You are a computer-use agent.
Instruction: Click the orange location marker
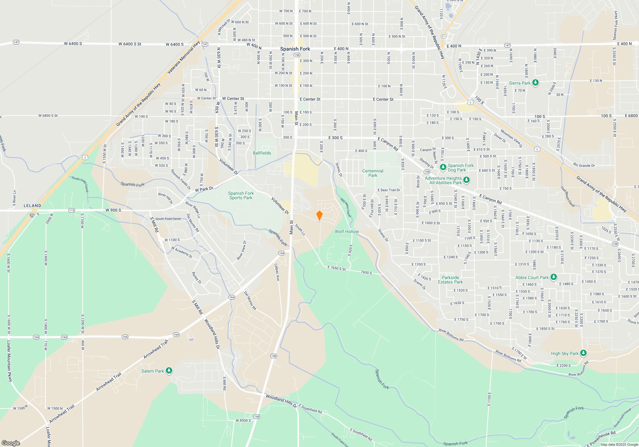coord(319,216)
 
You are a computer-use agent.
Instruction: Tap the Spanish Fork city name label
coord(295,49)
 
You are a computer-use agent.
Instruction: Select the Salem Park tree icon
coord(169,371)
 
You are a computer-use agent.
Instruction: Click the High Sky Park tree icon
coord(583,353)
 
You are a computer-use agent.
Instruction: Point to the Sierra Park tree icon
coord(535,83)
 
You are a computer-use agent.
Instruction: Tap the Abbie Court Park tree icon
coord(554,277)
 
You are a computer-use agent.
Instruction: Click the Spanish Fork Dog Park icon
coord(443,167)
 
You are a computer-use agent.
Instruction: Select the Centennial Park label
coord(373,173)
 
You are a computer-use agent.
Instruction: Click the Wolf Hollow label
coord(347,231)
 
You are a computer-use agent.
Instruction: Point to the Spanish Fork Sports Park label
coord(241,195)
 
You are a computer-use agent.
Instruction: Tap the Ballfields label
coord(262,153)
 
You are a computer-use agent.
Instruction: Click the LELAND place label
coord(32,206)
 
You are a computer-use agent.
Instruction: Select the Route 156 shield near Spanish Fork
coord(297,55)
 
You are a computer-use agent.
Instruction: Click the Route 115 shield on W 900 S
coord(72,210)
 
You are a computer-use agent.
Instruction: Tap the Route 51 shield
coord(443,36)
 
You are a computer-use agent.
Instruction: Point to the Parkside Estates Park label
coord(450,280)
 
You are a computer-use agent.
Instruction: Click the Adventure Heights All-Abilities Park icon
coord(466,180)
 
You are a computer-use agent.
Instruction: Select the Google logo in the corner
coord(11,443)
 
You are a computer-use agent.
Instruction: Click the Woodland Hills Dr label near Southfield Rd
coord(281,401)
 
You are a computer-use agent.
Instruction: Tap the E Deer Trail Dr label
coord(389,190)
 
